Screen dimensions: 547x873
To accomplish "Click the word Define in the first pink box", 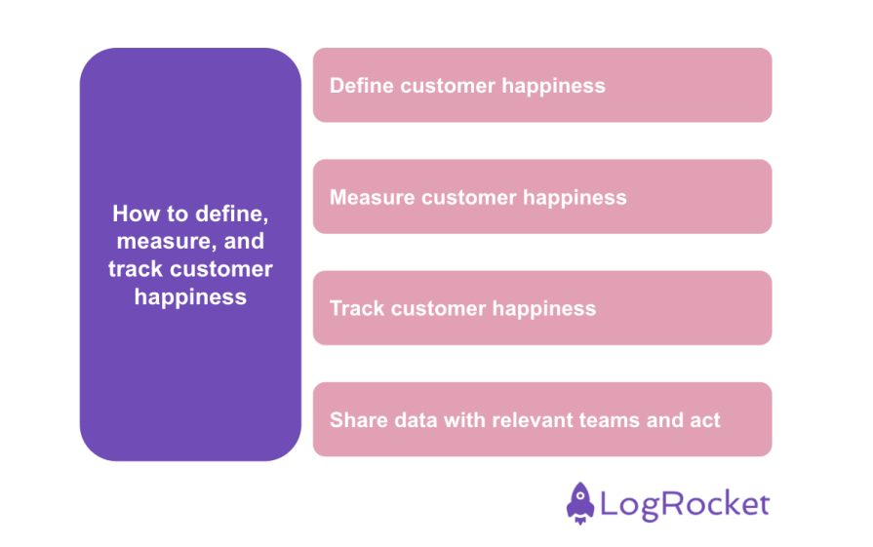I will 361,86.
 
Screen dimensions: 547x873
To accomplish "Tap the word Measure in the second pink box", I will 372,198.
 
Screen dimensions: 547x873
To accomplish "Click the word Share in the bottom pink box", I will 356,420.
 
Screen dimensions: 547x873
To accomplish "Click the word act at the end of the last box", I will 704,420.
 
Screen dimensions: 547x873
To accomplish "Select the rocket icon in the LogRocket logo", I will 580,503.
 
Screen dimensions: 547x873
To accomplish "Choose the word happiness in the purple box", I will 190,297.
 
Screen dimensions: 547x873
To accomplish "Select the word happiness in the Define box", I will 553,86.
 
